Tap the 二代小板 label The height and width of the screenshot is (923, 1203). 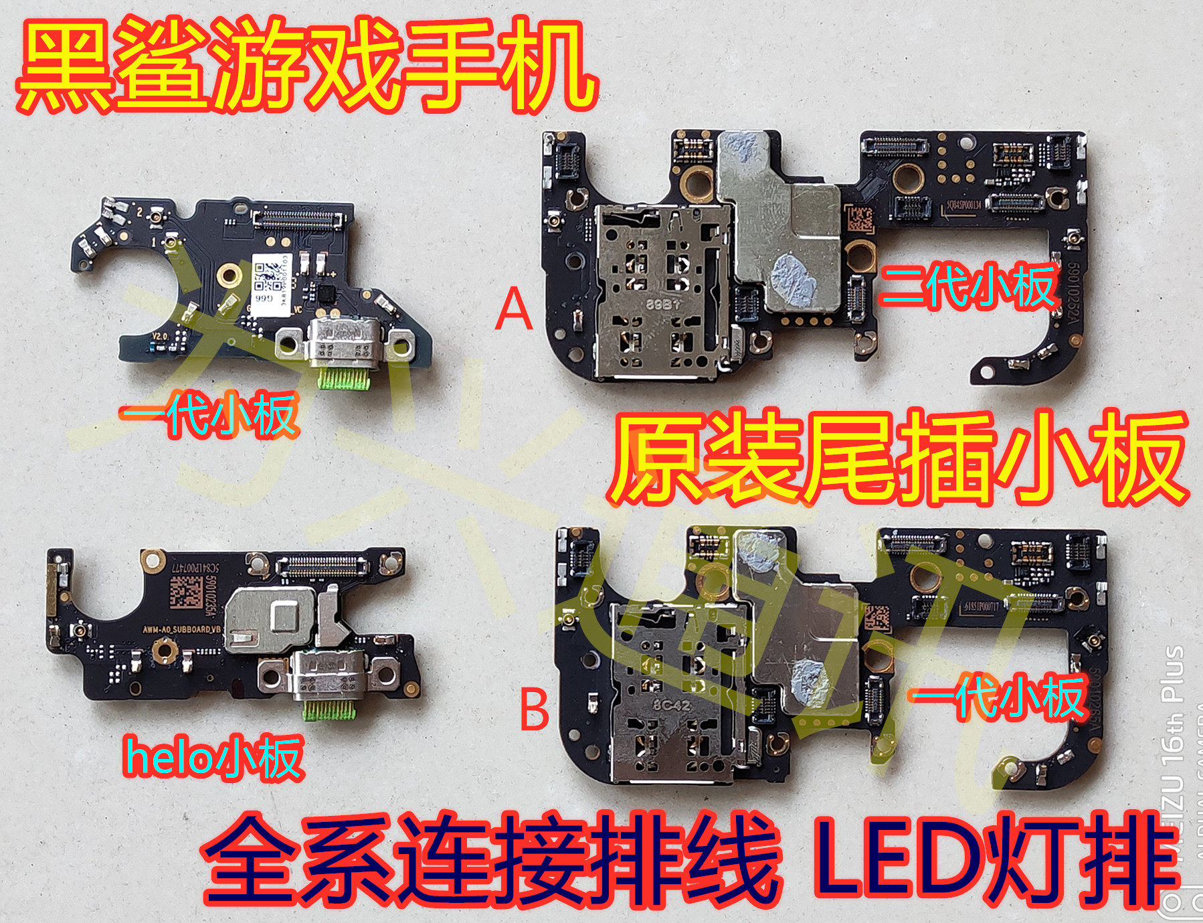click(x=967, y=286)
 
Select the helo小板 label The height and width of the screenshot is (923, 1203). click(x=213, y=758)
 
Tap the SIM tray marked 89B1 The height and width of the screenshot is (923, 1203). click(x=659, y=295)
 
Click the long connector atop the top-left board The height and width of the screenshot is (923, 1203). click(x=298, y=217)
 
